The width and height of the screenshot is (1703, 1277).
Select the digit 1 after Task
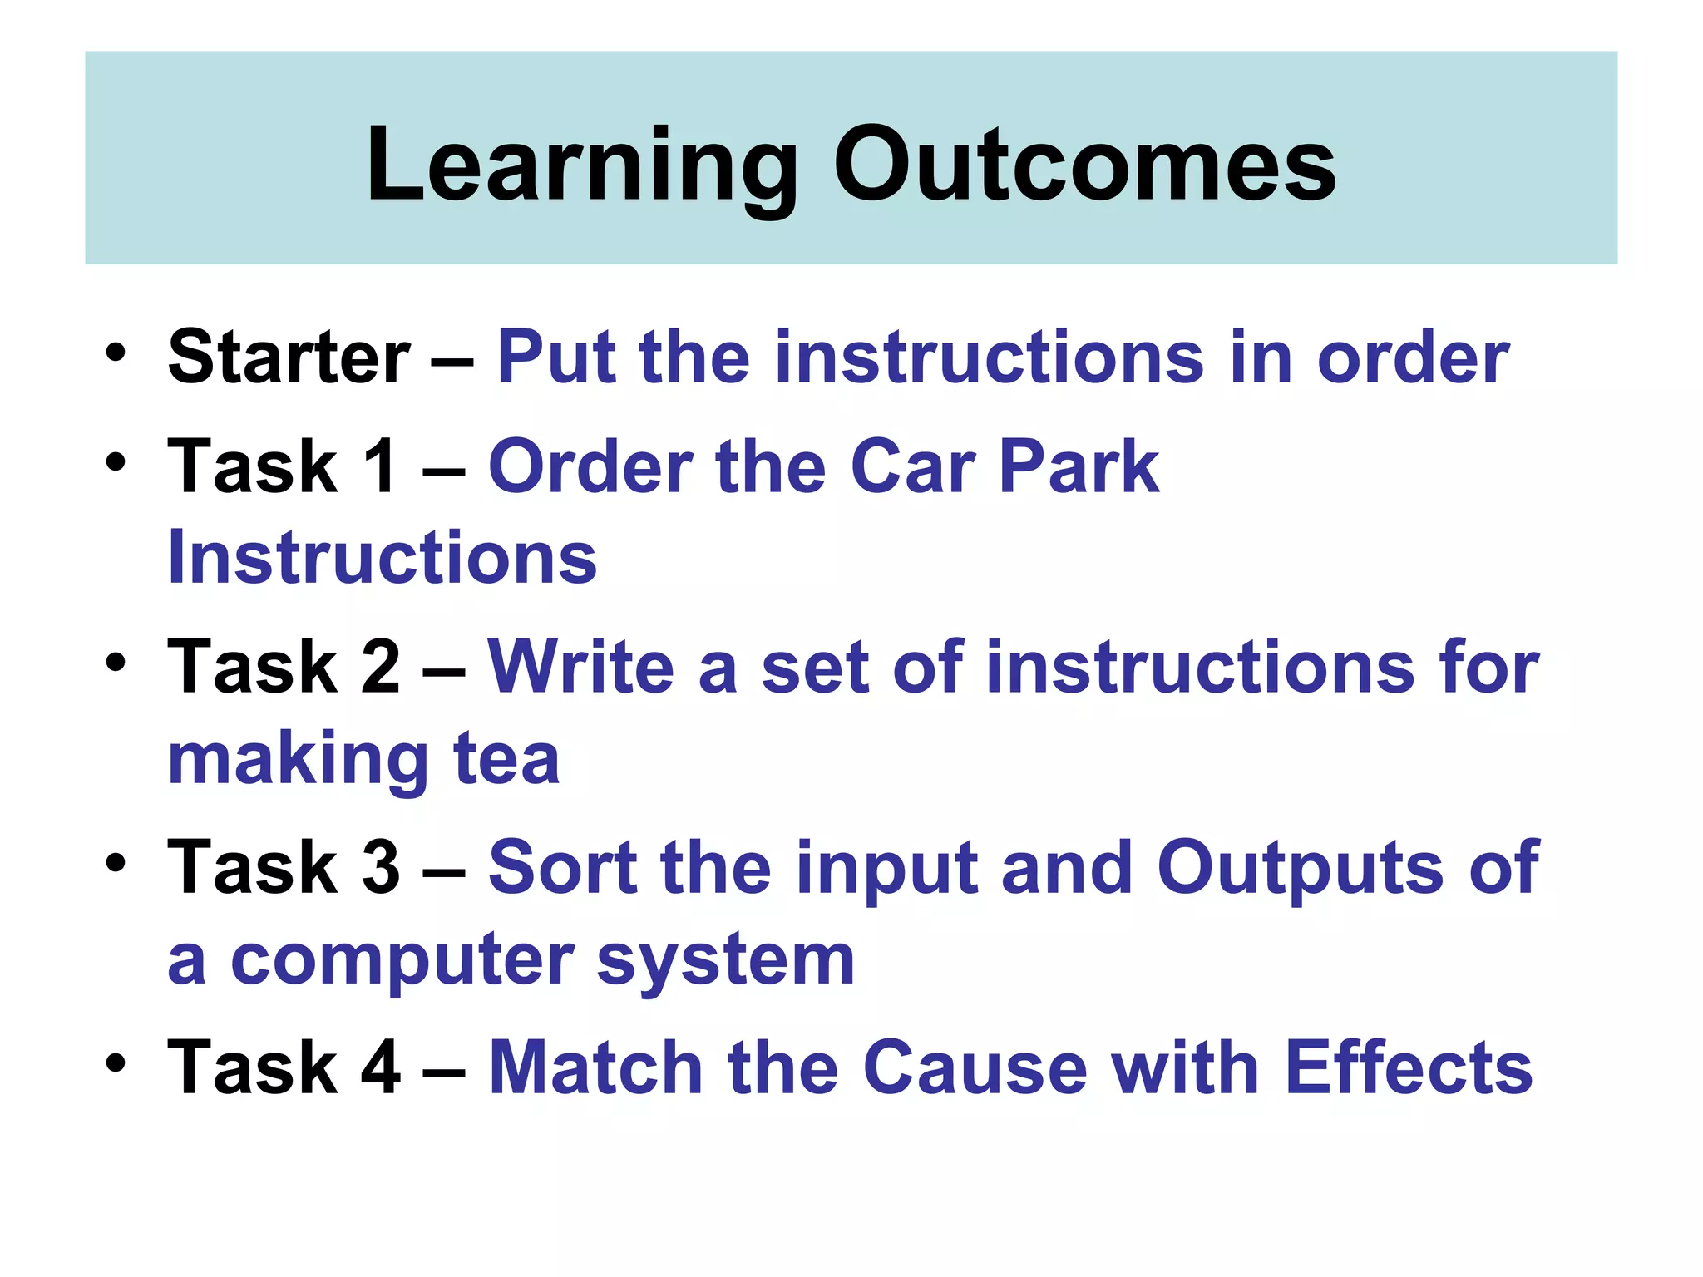379,466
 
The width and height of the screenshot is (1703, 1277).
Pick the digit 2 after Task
381,667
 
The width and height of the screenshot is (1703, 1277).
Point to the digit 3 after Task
381,867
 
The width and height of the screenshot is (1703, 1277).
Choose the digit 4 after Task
381,1067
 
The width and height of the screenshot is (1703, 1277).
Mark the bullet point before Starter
116,353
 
